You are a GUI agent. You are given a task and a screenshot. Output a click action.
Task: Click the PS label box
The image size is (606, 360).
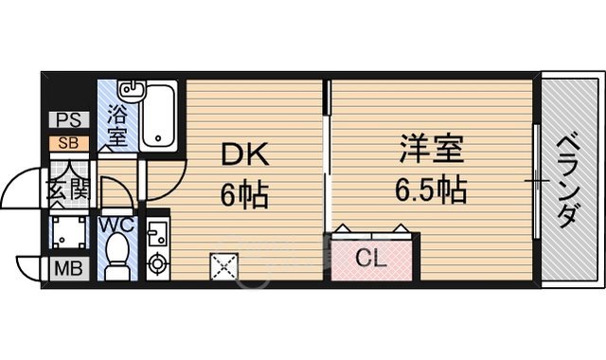[x=68, y=120]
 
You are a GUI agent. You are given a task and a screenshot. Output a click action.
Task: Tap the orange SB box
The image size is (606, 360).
[x=68, y=143]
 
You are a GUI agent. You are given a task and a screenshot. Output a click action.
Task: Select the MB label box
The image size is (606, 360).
[x=68, y=267]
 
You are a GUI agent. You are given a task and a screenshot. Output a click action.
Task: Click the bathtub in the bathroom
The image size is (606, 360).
[x=162, y=117]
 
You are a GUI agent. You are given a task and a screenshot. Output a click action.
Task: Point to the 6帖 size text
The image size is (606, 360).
[x=244, y=197]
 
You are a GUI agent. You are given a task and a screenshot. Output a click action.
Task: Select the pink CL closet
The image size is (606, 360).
[x=371, y=257]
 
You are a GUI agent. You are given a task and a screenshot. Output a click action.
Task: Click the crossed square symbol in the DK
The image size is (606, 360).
[x=224, y=267]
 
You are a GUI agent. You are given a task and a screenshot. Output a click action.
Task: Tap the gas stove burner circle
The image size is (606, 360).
[x=157, y=261]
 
